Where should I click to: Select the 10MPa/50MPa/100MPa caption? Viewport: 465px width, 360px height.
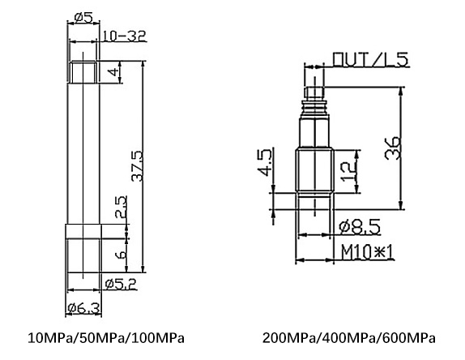coord(107,337)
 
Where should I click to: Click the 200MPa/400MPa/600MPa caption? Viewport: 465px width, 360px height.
coord(349,337)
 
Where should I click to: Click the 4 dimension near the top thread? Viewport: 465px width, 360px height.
coord(114,73)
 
